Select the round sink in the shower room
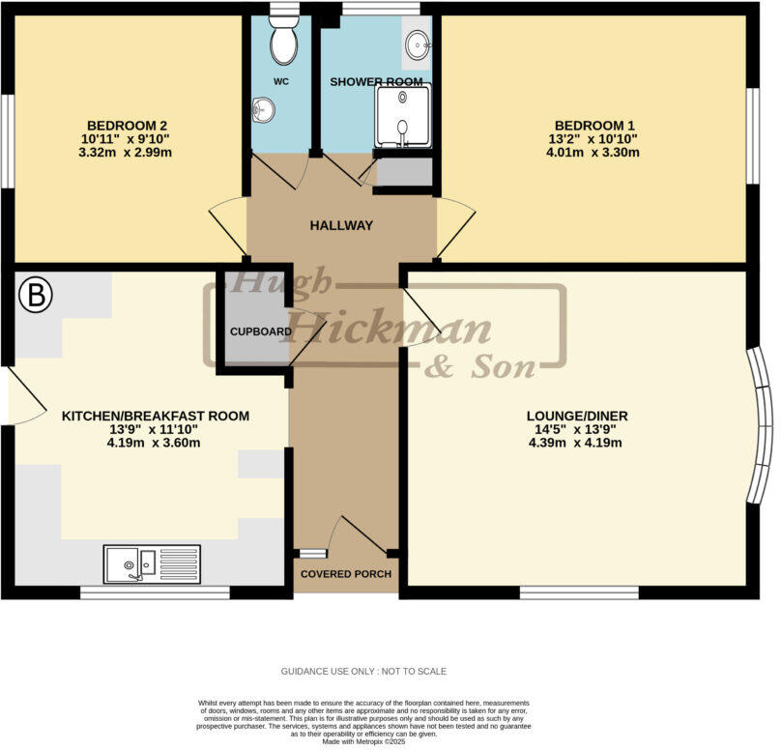coord(418,43)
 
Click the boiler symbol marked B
coord(35,296)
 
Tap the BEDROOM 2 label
coord(128,126)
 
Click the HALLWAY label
coord(340,225)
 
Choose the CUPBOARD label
coord(260,332)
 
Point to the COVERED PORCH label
coord(346,574)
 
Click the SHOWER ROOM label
coord(376,82)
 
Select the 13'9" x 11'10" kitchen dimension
coord(155,430)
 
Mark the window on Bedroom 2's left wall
coord(6,140)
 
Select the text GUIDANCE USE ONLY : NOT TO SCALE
coord(363,671)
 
